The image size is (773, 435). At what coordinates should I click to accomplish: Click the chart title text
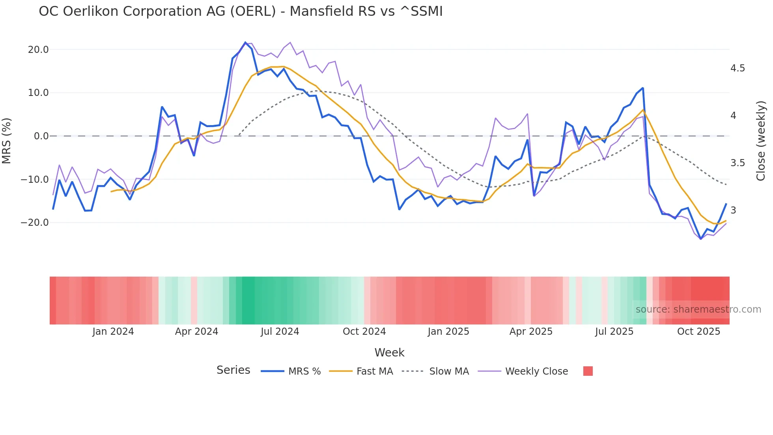(x=241, y=11)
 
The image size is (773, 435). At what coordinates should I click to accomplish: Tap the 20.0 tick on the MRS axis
(x=38, y=50)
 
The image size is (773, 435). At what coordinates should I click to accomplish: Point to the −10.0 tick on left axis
(x=35, y=179)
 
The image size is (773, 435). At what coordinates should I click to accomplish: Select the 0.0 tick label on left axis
(x=41, y=136)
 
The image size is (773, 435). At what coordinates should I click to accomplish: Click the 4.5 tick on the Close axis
(x=738, y=68)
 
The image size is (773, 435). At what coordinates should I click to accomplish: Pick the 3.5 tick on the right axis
(x=738, y=163)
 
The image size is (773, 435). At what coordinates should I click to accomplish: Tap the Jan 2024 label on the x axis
(x=113, y=332)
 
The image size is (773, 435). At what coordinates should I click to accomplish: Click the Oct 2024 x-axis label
(x=364, y=332)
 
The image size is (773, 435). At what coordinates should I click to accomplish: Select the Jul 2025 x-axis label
(x=614, y=332)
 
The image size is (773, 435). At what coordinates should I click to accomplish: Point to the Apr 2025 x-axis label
(x=531, y=332)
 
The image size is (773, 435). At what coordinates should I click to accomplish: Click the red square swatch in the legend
(x=588, y=371)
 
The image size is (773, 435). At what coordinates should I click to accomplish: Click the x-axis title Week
(x=389, y=352)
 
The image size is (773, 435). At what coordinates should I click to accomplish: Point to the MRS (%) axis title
(x=7, y=141)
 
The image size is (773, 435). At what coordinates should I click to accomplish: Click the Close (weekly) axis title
(x=761, y=141)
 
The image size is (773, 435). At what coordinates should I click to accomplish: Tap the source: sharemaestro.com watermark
(x=698, y=309)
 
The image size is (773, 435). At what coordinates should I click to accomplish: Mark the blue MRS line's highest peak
(x=245, y=42)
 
